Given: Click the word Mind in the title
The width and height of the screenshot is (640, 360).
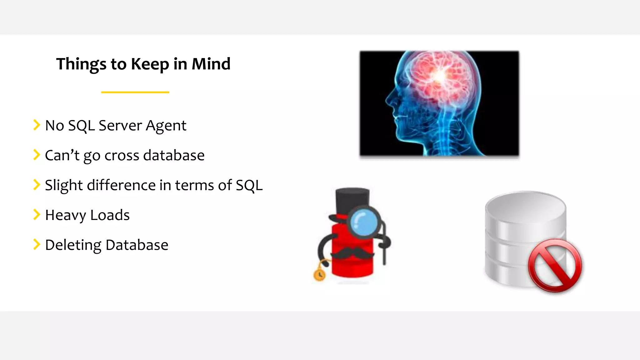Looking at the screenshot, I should (211, 64).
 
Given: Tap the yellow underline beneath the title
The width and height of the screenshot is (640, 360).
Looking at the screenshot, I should (135, 92).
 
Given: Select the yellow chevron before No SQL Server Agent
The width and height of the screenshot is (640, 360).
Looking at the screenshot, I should (37, 125).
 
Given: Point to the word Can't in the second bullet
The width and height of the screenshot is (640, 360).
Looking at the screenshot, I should (62, 155).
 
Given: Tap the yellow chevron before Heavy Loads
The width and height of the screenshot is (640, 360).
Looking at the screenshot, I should (37, 215).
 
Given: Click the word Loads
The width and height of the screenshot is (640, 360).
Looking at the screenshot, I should (110, 215).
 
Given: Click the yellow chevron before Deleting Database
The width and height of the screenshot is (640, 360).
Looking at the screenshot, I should (37, 244).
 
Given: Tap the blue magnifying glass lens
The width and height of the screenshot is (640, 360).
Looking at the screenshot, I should (363, 222).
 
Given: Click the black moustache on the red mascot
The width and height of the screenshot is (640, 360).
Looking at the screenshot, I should (352, 253).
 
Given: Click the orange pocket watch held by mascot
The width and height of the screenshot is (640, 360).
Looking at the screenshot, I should (319, 275).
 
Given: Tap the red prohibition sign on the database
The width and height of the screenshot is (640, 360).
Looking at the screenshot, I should (555, 265).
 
